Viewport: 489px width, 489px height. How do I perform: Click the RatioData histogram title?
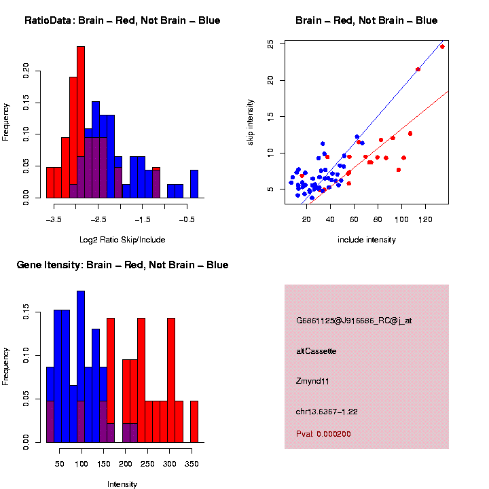click(122, 20)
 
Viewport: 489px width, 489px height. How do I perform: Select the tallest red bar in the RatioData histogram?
click(81, 122)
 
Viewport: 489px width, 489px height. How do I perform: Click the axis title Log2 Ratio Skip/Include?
click(122, 240)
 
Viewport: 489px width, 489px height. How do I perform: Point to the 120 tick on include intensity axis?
click(425, 219)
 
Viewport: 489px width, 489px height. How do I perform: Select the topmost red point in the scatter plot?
click(442, 47)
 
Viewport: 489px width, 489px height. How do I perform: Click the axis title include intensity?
click(367, 240)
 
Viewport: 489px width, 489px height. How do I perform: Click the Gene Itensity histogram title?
click(122, 265)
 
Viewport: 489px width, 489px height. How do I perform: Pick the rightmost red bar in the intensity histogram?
click(194, 422)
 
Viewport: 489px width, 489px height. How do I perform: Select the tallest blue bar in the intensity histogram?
click(81, 367)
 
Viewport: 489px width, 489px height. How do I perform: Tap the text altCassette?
click(316, 351)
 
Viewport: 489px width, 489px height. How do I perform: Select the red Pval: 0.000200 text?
click(323, 434)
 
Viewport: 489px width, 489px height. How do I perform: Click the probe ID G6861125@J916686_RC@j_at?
click(354, 321)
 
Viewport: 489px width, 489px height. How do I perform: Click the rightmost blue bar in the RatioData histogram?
click(194, 184)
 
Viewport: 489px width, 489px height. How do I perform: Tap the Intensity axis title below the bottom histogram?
click(122, 484)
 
